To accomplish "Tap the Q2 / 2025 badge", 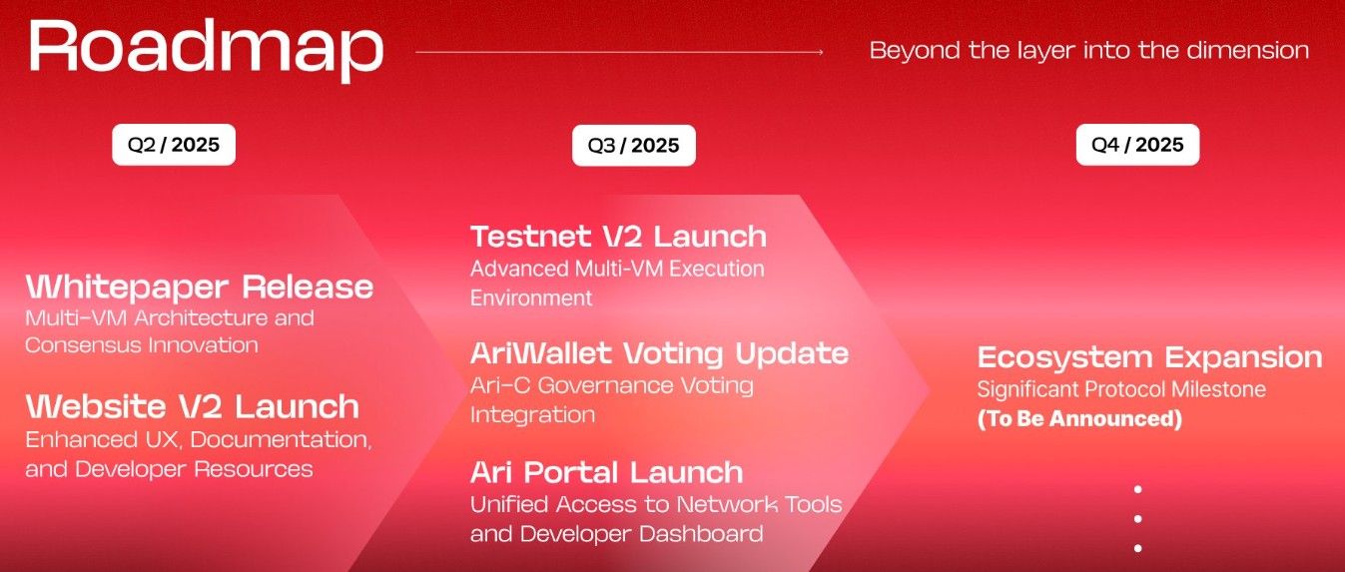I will [x=173, y=145].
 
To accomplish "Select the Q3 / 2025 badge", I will [x=633, y=146].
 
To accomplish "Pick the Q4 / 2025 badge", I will [x=1137, y=145].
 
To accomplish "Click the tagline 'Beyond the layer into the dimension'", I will [x=1088, y=50].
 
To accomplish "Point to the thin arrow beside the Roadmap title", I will [x=619, y=51].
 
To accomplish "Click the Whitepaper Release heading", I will [x=200, y=287].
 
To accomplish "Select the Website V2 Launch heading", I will [x=193, y=406].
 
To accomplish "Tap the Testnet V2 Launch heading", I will [x=618, y=237].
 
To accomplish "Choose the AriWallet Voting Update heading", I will [x=659, y=353].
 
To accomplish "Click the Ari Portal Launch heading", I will [x=606, y=471].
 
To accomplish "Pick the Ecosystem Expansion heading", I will [x=1149, y=357].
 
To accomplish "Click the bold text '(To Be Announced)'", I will [x=1079, y=419].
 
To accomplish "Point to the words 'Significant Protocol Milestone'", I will [x=1121, y=389].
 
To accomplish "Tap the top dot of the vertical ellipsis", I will [x=1137, y=489].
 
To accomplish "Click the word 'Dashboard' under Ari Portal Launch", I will [x=703, y=534].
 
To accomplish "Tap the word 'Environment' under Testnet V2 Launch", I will [x=531, y=297].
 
